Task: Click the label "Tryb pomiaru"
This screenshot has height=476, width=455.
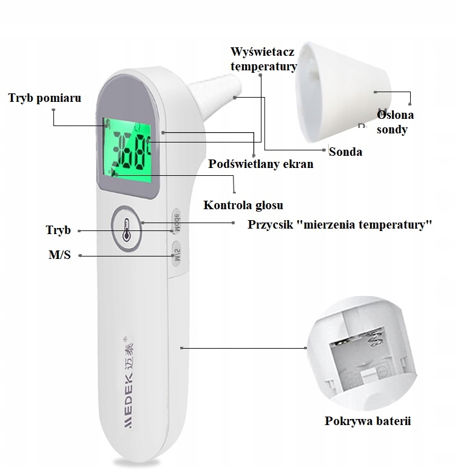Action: [44, 98]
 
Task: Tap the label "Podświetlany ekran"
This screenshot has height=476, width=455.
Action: [260, 164]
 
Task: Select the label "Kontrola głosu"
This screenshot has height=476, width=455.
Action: [243, 205]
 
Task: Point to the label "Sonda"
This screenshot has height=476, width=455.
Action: [345, 152]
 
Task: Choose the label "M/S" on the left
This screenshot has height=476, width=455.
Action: [59, 255]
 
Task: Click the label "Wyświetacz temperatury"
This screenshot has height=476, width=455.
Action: [263, 59]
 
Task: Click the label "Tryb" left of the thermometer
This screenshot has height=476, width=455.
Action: [58, 230]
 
